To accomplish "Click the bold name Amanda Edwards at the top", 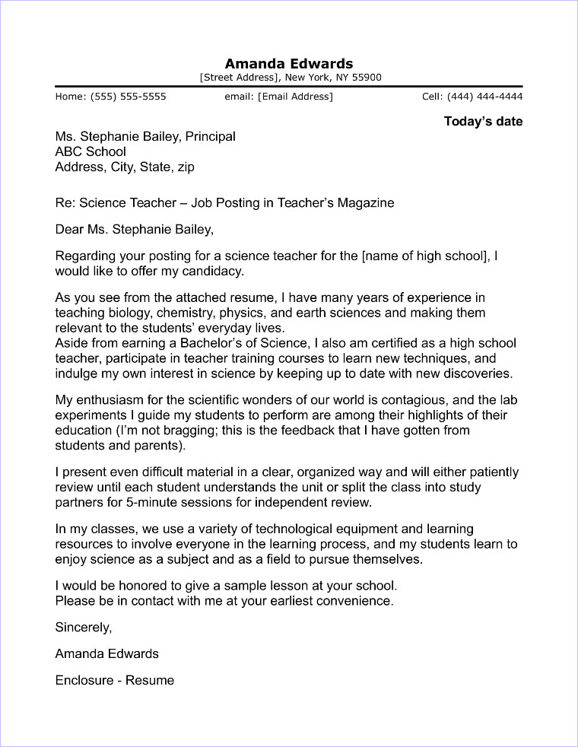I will click(289, 63).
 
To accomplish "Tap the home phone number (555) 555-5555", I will click(128, 97).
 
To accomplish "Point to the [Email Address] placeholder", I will click(295, 97).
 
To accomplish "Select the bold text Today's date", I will click(483, 122).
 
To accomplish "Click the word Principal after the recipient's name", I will click(211, 137).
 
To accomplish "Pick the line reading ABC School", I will click(91, 151).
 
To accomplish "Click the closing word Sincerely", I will click(84, 628).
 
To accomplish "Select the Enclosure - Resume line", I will click(115, 680).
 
